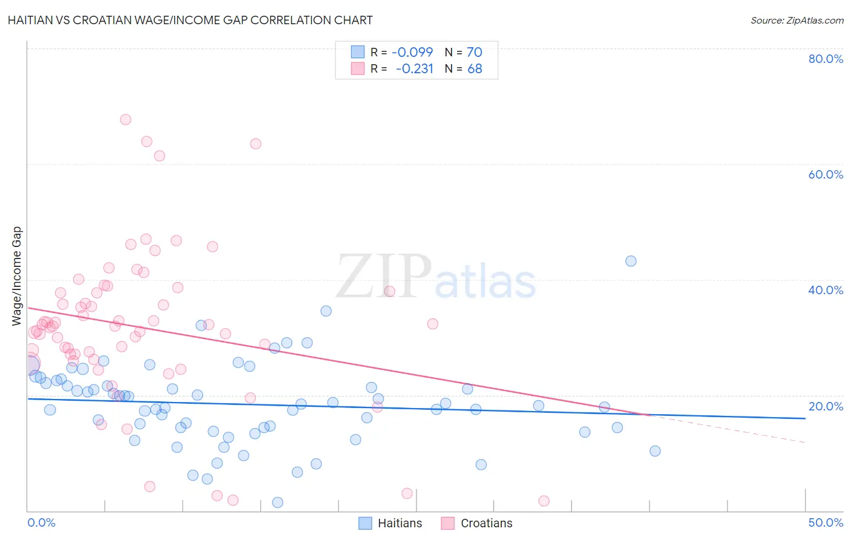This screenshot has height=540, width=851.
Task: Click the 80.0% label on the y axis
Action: point(826,59)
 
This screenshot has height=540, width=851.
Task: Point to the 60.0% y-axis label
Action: point(826,174)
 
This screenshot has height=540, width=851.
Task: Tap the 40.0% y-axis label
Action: point(826,290)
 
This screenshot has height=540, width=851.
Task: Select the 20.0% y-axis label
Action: point(826,406)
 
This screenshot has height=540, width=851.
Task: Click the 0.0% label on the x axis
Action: point(41,522)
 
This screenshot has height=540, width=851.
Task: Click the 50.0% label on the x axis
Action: point(826,522)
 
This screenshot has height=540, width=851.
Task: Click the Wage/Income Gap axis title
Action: point(17,276)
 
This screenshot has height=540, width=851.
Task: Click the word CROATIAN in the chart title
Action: point(107,20)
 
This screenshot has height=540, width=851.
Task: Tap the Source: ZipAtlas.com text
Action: point(797,20)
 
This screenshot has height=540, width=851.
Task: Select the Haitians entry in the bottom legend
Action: point(399,523)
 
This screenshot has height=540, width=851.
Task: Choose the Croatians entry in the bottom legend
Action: point(486,523)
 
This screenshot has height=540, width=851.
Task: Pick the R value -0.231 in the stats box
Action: point(415,69)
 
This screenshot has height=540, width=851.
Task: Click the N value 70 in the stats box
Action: point(475,53)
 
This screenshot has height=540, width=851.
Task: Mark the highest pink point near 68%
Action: point(125,119)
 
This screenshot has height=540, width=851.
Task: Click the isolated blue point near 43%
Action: point(631,261)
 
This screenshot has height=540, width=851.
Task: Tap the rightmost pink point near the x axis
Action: point(544,501)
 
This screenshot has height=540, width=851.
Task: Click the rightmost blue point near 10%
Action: point(655,451)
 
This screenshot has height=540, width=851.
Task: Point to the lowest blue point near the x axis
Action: point(277,502)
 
